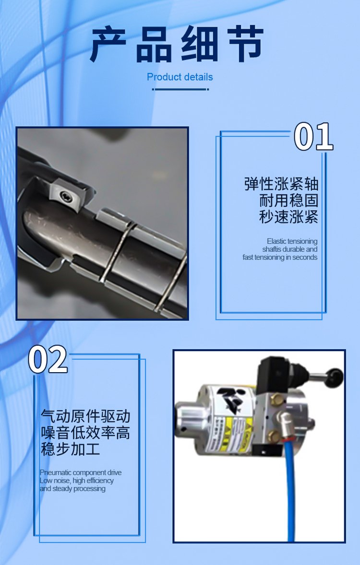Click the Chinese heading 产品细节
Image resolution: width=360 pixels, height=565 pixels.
pyautogui.click(x=177, y=44)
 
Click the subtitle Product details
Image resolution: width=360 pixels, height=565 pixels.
pyautogui.click(x=180, y=77)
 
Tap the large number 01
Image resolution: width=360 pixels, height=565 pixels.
pyautogui.click(x=313, y=136)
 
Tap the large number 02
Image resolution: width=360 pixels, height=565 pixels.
pyautogui.click(x=48, y=359)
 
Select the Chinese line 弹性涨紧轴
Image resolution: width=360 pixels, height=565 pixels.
pyautogui.click(x=281, y=183)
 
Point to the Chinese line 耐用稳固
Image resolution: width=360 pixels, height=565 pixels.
pyautogui.click(x=288, y=200)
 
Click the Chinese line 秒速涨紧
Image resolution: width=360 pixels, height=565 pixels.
pyautogui.click(x=288, y=217)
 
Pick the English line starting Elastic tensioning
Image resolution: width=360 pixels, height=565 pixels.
pyautogui.click(x=292, y=241)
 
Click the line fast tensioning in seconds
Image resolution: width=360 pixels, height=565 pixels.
pyautogui.click(x=280, y=257)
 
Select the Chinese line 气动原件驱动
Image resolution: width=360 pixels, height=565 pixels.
pyautogui.click(x=85, y=416)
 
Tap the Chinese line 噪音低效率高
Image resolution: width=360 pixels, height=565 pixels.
pyautogui.click(x=85, y=433)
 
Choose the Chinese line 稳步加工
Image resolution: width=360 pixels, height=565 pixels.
pyautogui.click(x=71, y=449)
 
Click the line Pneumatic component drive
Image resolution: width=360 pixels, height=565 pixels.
pyautogui.click(x=81, y=472)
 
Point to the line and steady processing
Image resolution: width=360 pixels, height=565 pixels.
pyautogui.click(x=72, y=489)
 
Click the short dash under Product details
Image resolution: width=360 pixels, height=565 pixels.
pyautogui.click(x=180, y=89)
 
